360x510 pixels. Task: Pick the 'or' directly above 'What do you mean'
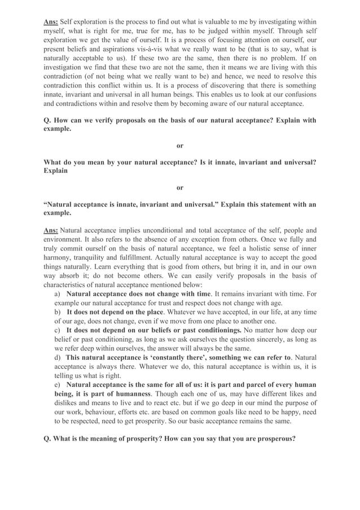coord(180,146)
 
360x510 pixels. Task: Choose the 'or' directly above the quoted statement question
coord(180,187)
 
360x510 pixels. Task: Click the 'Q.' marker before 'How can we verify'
coord(48,120)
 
